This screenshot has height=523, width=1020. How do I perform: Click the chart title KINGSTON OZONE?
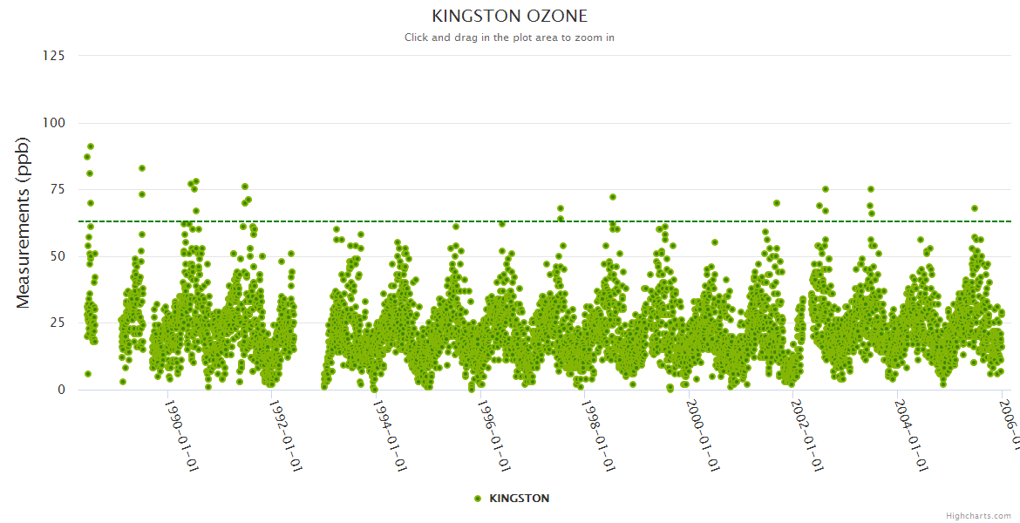(510, 16)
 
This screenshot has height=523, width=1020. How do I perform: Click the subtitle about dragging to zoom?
(510, 37)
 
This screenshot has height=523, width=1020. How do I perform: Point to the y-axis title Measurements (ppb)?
(24, 223)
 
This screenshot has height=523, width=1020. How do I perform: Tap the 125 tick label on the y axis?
(53, 56)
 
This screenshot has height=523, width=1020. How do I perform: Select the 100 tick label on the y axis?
(53, 123)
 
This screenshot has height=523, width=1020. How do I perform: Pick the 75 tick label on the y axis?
(57, 189)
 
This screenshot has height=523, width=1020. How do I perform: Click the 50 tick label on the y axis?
(57, 256)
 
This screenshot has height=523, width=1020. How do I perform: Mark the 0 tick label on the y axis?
(61, 390)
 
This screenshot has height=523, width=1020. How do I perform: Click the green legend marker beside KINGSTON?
(477, 499)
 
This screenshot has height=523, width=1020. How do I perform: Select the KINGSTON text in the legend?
(520, 499)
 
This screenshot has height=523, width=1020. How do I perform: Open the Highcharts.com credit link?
(978, 516)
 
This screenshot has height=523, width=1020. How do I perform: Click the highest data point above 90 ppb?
(91, 146)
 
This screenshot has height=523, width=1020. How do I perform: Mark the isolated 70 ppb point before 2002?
(776, 203)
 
